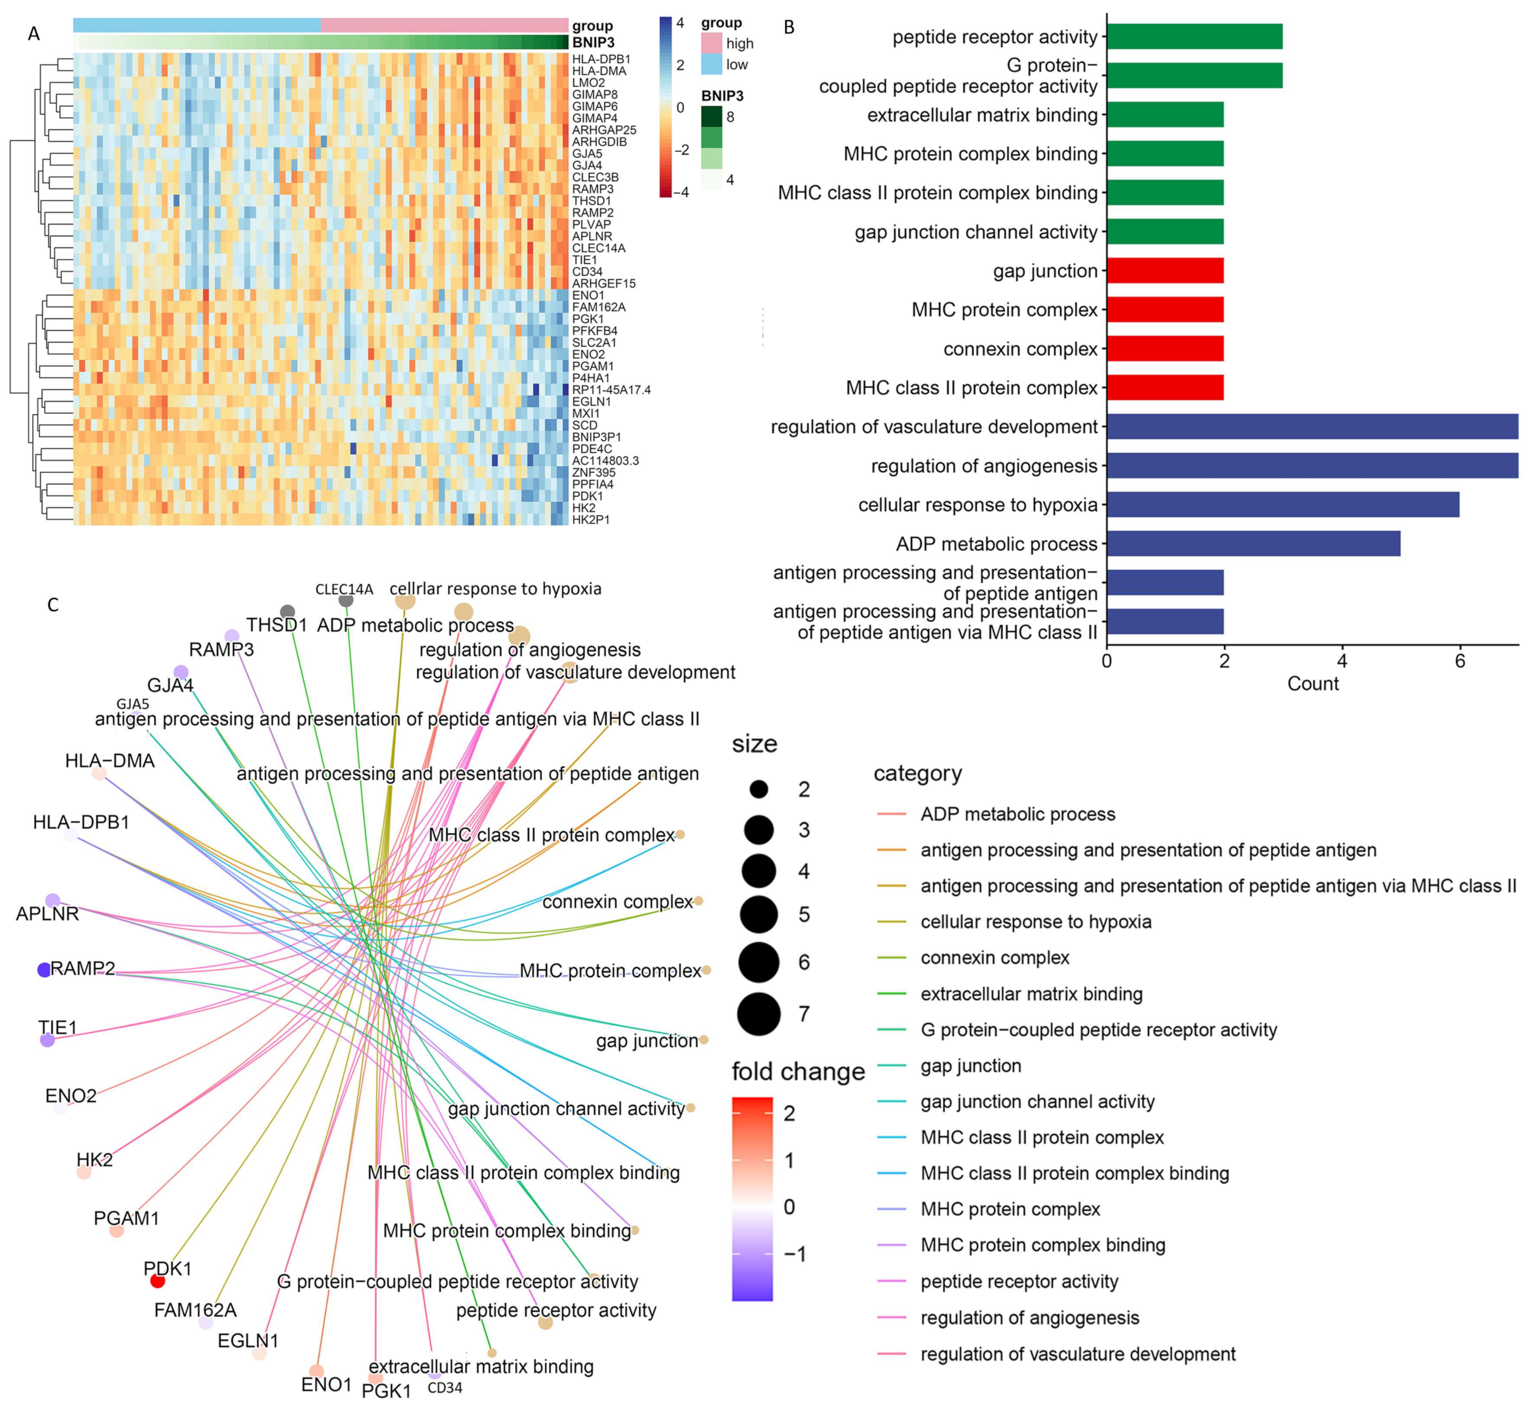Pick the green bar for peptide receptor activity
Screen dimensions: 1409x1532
pyautogui.click(x=1194, y=36)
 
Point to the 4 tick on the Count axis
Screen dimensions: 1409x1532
pyautogui.click(x=1342, y=661)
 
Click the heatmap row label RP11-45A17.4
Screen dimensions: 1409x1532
pyautogui.click(x=611, y=390)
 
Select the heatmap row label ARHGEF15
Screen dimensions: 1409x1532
pyautogui.click(x=604, y=284)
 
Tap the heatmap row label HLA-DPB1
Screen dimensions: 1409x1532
pyautogui.click(x=601, y=59)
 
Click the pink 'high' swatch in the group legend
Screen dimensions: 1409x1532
pyautogui.click(x=711, y=44)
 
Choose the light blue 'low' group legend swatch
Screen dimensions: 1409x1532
pyautogui.click(x=711, y=65)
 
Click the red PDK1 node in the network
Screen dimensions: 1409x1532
pyautogui.click(x=157, y=1281)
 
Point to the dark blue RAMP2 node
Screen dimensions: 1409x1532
pyautogui.click(x=44, y=970)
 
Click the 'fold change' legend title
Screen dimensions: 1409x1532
pyautogui.click(x=798, y=1072)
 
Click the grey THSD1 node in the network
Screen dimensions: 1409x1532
pyautogui.click(x=287, y=611)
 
